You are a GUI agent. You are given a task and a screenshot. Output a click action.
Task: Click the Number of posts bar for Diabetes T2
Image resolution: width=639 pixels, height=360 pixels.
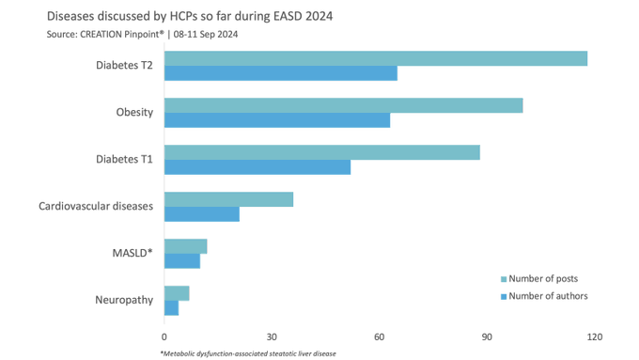click(376, 58)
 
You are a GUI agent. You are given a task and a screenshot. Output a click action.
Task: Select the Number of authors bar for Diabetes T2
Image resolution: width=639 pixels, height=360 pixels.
click(281, 73)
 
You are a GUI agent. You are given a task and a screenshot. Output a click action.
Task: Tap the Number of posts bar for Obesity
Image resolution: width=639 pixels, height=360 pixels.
click(343, 105)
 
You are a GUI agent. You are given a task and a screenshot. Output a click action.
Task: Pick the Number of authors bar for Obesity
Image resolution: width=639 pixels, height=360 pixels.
click(277, 120)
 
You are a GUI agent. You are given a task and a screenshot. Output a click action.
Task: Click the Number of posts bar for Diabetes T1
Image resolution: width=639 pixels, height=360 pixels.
click(322, 152)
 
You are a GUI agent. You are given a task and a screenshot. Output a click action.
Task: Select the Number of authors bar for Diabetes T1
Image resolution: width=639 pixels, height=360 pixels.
click(257, 167)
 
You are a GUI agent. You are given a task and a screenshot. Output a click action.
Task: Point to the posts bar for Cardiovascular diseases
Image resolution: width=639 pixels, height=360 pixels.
click(228, 199)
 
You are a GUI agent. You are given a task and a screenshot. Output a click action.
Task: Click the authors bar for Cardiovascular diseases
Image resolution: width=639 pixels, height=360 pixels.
click(202, 214)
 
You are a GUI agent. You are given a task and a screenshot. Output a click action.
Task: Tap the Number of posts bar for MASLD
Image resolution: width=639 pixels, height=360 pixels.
click(185, 246)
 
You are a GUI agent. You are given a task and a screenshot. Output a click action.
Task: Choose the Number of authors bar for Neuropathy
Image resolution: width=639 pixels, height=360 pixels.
click(171, 307)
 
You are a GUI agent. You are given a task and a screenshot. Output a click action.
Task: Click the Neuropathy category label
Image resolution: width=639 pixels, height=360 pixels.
click(124, 300)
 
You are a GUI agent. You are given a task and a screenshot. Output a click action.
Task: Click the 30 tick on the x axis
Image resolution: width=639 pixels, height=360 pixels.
click(272, 337)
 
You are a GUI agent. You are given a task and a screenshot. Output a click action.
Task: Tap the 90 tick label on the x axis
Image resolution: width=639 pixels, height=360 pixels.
click(486, 337)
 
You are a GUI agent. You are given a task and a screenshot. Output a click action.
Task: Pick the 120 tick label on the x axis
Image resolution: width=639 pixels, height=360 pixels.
click(593, 337)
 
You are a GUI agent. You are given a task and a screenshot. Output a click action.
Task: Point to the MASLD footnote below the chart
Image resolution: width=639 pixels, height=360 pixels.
click(248, 353)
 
